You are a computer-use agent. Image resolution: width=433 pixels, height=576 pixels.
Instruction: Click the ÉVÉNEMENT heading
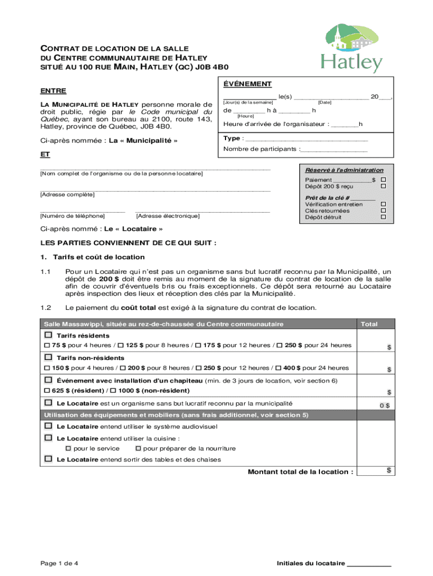(247, 84)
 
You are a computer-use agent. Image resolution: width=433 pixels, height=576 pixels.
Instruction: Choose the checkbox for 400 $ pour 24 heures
(278, 368)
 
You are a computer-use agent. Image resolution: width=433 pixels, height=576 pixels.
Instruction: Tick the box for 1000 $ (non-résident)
(113, 390)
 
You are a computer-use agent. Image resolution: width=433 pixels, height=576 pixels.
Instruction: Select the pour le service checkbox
(69, 448)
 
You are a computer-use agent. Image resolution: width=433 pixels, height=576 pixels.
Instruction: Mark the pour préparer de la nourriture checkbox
(138, 448)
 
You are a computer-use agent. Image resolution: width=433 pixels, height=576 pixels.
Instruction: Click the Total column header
(369, 324)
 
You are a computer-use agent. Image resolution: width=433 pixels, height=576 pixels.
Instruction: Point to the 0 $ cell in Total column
(384, 406)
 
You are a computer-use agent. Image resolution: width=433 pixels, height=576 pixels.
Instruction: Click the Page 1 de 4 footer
(59, 563)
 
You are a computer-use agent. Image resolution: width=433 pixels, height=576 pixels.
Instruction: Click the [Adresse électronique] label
(168, 215)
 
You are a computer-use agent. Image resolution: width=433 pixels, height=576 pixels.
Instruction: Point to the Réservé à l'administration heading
(344, 170)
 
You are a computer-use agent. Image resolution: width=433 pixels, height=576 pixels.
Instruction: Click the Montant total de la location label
(300, 471)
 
